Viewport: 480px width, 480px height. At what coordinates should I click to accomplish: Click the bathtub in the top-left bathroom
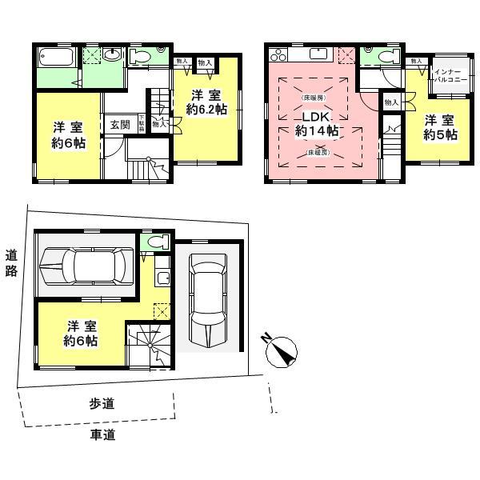point(54,60)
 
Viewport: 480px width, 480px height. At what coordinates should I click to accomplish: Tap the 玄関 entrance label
point(120,125)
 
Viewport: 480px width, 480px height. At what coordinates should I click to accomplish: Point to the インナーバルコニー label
point(445,77)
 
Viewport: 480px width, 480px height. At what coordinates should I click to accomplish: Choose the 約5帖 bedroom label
point(440,128)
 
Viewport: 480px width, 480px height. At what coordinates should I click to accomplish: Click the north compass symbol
point(279,350)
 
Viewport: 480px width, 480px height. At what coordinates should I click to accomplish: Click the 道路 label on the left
point(11,262)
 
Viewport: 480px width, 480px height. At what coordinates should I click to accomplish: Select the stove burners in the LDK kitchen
point(279,55)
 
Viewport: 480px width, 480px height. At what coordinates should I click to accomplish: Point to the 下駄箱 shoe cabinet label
point(142,123)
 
